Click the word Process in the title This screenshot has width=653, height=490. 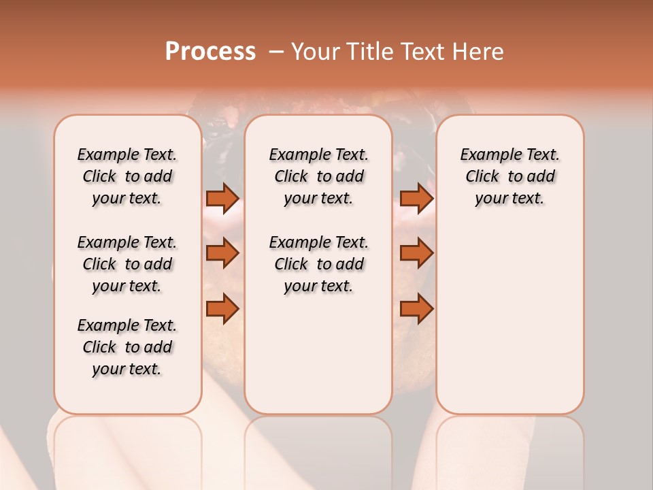pyautogui.click(x=210, y=52)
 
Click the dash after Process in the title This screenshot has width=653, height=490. pyautogui.click(x=276, y=52)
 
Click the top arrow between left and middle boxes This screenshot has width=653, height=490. pyautogui.click(x=222, y=199)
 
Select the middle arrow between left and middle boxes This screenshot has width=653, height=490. pyautogui.click(x=222, y=254)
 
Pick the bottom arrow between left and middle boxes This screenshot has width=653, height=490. pyautogui.click(x=222, y=309)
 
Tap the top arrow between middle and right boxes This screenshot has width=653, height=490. pyautogui.click(x=416, y=199)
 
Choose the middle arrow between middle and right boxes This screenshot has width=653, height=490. pyautogui.click(x=416, y=254)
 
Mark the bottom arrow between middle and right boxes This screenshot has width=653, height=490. pyautogui.click(x=416, y=309)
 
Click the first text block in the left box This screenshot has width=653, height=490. pyautogui.click(x=127, y=176)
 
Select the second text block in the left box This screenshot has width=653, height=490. pyautogui.click(x=127, y=264)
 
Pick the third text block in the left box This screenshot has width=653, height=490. pyautogui.click(x=127, y=347)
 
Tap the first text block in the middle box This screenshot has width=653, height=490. pyautogui.click(x=318, y=176)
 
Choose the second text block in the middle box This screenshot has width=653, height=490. pyautogui.click(x=318, y=264)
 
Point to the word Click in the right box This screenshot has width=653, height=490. pyautogui.click(x=482, y=177)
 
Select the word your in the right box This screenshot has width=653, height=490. pyautogui.click(x=490, y=199)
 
